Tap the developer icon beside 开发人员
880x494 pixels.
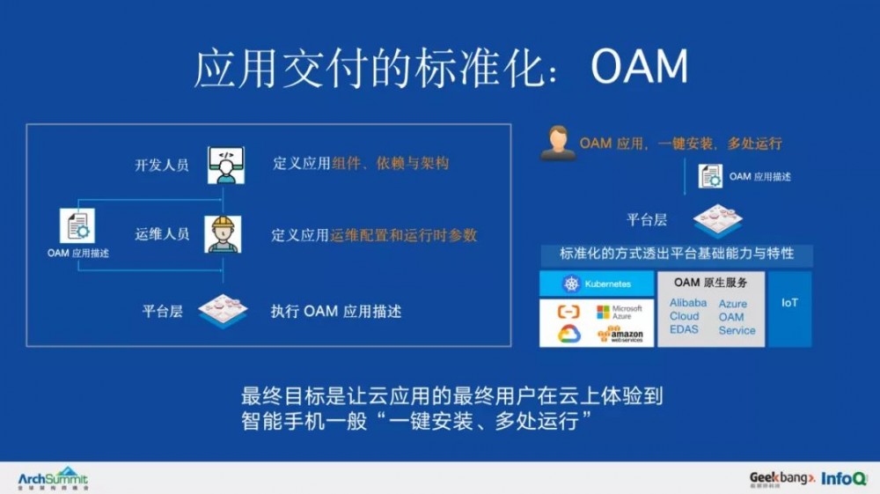225,165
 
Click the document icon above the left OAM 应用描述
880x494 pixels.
77,225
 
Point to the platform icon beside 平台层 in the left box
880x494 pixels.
223,310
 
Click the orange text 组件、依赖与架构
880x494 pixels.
390,163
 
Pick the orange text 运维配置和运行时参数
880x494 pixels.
404,235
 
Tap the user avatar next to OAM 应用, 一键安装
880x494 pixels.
558,143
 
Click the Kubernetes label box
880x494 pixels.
597,284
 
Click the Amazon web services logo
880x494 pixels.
620,334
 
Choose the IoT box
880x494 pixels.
789,303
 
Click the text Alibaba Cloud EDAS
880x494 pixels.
687,315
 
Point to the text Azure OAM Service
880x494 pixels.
737,317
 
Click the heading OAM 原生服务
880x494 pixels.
710,283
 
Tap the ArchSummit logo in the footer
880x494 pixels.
53,478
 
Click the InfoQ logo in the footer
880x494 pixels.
842,478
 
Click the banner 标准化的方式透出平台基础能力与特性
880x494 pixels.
676,254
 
